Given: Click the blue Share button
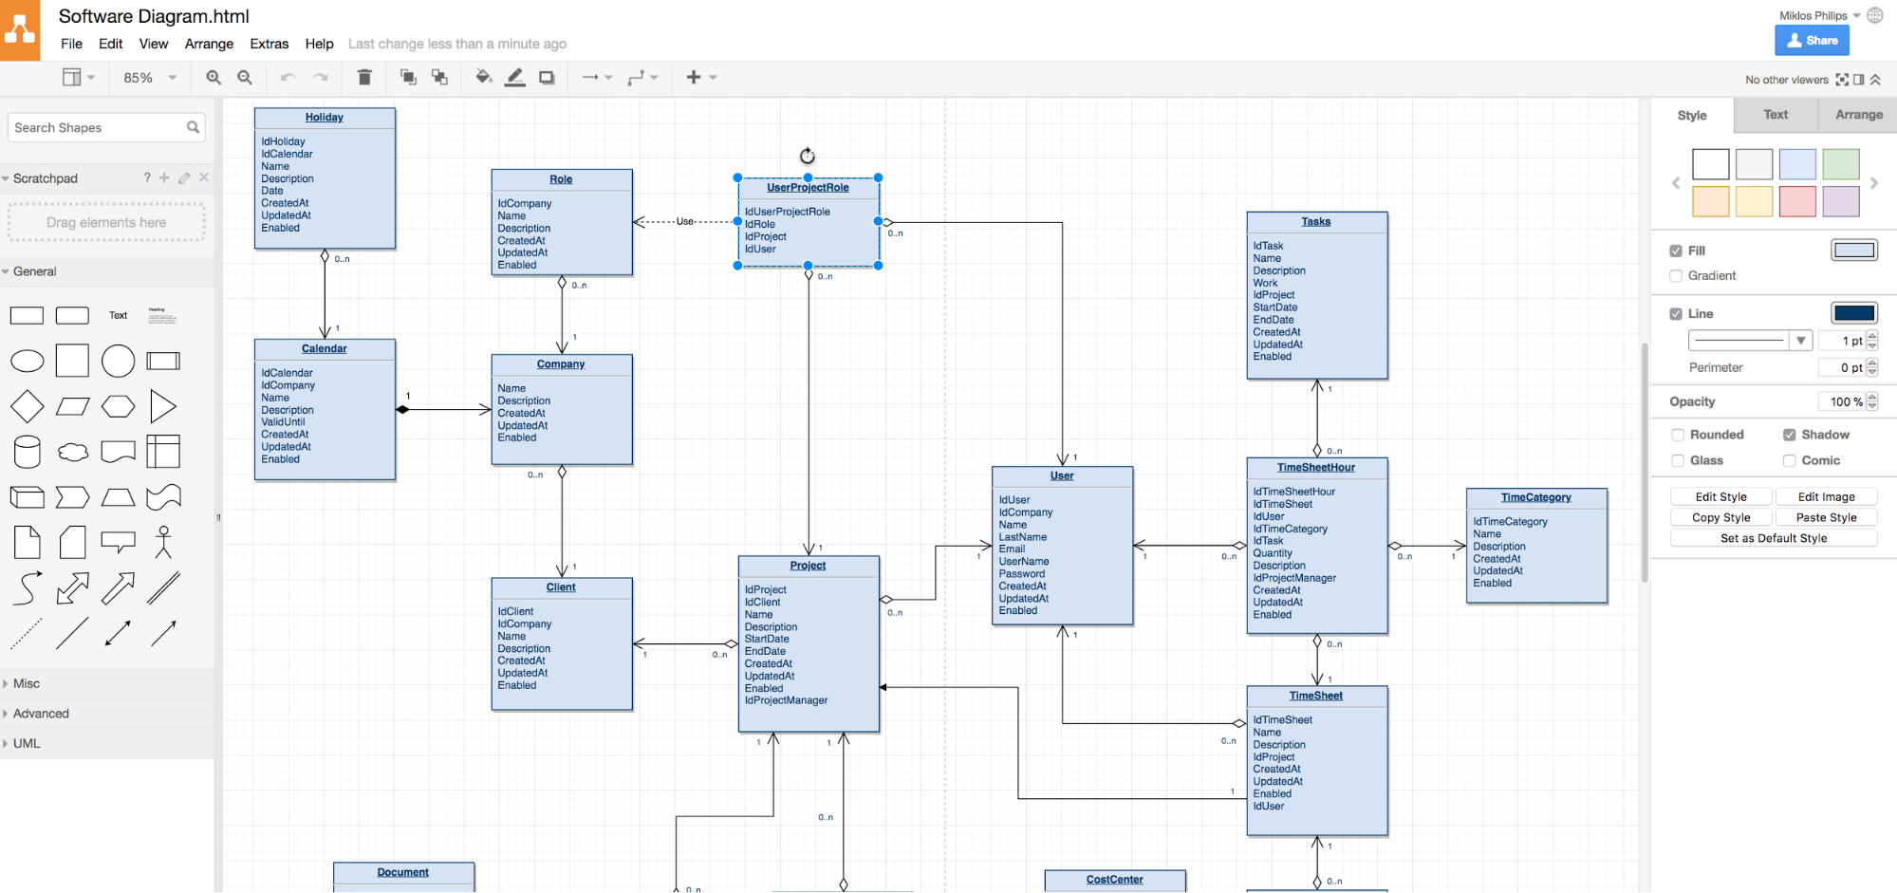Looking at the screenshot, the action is [1812, 41].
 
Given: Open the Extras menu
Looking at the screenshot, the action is [269, 44].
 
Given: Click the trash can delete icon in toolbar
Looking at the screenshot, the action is [364, 77].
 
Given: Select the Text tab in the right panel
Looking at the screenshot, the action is [1776, 115].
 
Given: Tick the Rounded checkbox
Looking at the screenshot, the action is [1678, 435].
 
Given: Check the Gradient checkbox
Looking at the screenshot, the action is [1676, 276].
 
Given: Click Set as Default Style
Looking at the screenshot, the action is [1774, 538].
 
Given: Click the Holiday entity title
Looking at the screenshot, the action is [325, 118].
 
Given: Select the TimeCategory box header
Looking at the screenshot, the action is [1536, 497].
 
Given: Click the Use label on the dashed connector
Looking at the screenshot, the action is [685, 221].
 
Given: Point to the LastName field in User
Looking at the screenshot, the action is [1023, 537].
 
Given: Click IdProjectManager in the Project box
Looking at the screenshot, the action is [787, 700].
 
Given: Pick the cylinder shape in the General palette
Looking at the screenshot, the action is [28, 452].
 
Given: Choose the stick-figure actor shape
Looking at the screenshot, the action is [163, 542].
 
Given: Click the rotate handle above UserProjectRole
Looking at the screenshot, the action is [808, 156].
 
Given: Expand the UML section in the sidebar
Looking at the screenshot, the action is [27, 744].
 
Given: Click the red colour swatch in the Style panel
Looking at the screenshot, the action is [1797, 201].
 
